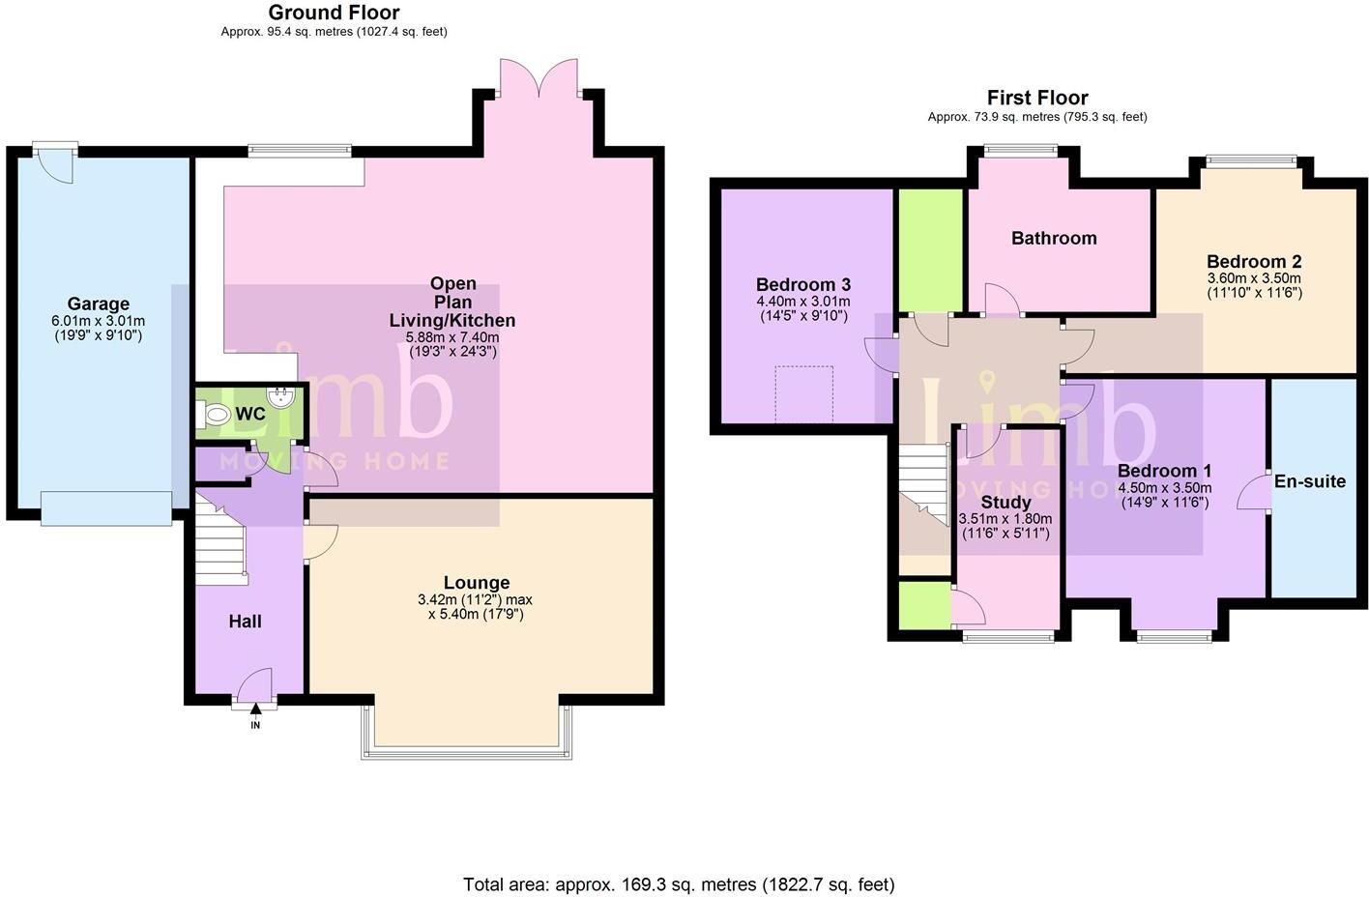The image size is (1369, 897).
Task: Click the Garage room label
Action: (x=98, y=304)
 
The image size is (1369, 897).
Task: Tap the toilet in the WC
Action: (x=217, y=416)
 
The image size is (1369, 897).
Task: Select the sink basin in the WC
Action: (x=281, y=396)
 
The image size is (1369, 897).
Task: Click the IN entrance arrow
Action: (x=255, y=717)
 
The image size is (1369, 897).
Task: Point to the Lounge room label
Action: (x=476, y=582)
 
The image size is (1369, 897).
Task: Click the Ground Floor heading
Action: (x=334, y=13)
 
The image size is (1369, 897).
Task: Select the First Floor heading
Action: (x=1036, y=98)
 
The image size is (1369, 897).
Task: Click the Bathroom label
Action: (x=1054, y=238)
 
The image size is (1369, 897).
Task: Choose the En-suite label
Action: (x=1309, y=481)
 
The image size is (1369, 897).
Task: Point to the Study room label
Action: (x=1005, y=502)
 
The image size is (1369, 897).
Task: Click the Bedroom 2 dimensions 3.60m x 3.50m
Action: (x=1253, y=278)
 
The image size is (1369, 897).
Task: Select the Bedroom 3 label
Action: (x=802, y=284)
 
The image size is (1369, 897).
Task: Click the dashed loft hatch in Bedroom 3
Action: (x=803, y=393)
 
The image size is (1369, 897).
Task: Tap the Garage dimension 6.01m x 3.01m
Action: (x=98, y=321)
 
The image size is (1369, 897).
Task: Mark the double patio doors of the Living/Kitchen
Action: (x=539, y=77)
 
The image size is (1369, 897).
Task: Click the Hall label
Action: (x=245, y=622)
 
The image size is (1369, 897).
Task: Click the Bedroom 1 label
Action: (x=1164, y=471)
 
